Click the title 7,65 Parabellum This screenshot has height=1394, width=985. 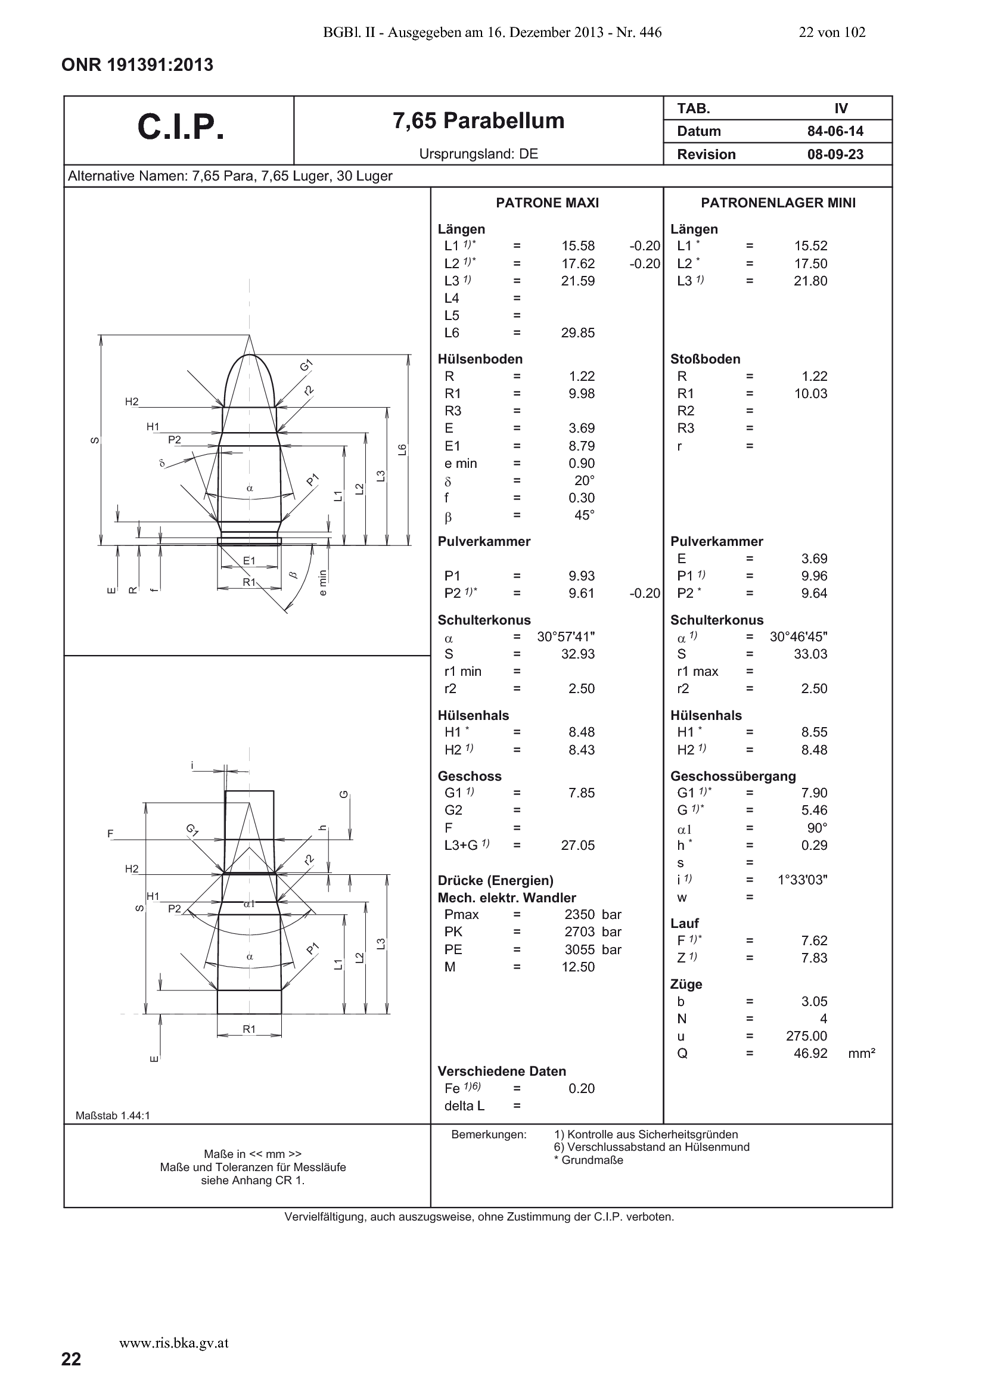click(478, 121)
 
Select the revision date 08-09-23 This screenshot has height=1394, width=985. click(835, 154)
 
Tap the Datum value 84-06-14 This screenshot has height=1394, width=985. click(835, 131)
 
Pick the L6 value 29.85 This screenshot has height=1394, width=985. click(578, 333)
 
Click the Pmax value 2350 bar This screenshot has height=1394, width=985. click(593, 915)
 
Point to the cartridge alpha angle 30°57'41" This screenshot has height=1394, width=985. click(566, 637)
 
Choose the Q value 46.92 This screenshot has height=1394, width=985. click(810, 1053)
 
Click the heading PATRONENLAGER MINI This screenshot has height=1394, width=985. click(778, 203)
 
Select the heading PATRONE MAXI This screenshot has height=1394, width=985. click(547, 203)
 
